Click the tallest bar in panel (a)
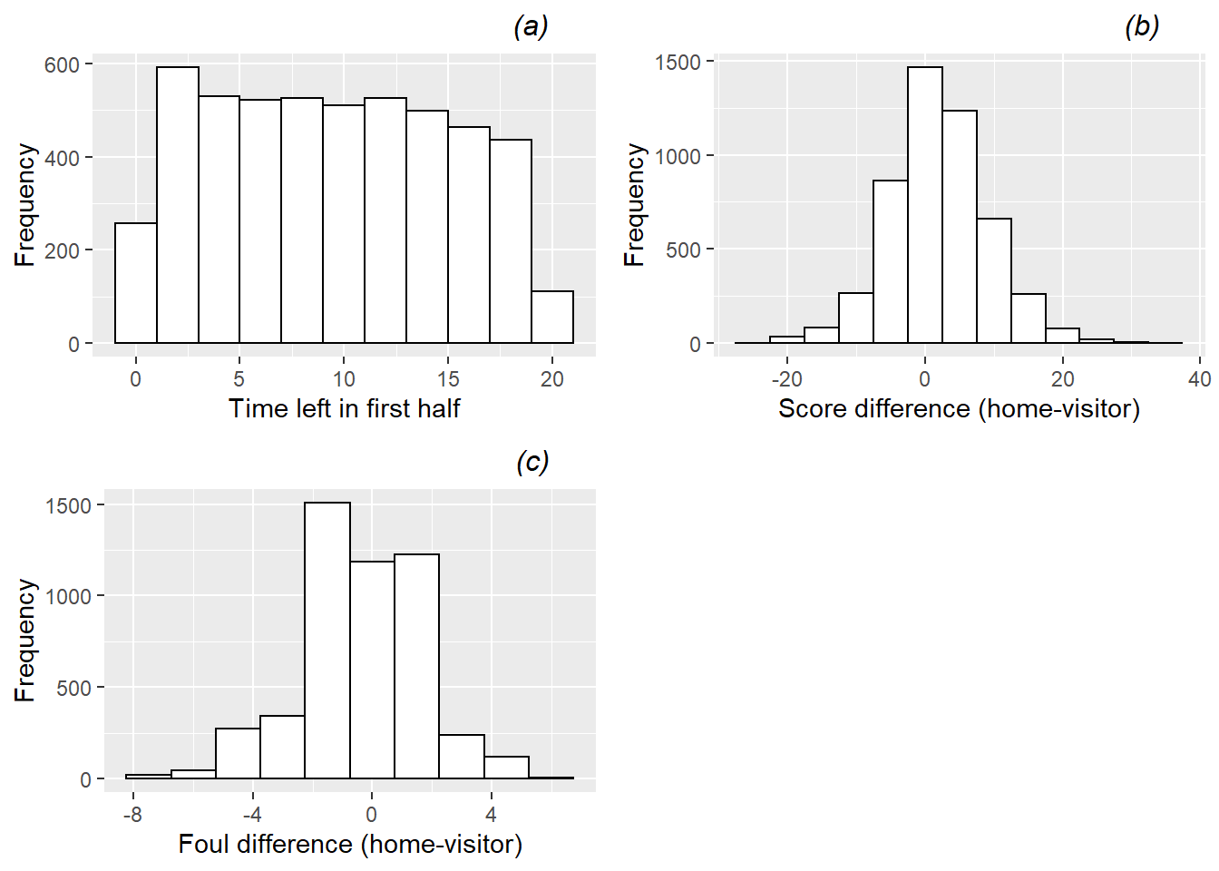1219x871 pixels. [178, 205]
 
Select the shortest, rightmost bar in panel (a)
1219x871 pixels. [552, 317]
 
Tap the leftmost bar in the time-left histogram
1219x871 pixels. [136, 283]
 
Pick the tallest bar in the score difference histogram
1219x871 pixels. [925, 205]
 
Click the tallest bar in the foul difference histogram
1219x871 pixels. [327, 641]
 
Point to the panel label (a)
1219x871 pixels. [531, 26]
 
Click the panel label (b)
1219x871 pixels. [1141, 26]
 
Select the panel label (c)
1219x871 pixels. [532, 462]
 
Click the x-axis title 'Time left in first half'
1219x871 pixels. [344, 408]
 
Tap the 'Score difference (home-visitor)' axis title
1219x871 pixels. [959, 408]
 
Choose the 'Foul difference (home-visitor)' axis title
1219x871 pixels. [350, 844]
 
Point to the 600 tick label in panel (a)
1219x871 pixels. [62, 64]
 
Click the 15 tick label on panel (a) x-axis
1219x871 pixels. [448, 379]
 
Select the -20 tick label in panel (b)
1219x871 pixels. [786, 379]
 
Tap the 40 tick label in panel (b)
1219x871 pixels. [1199, 379]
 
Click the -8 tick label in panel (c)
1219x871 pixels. [132, 814]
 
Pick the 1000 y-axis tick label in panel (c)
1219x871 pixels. [68, 596]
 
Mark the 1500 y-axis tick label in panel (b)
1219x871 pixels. [678, 63]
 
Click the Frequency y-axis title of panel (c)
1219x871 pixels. [25, 641]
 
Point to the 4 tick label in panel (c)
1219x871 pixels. [491, 814]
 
